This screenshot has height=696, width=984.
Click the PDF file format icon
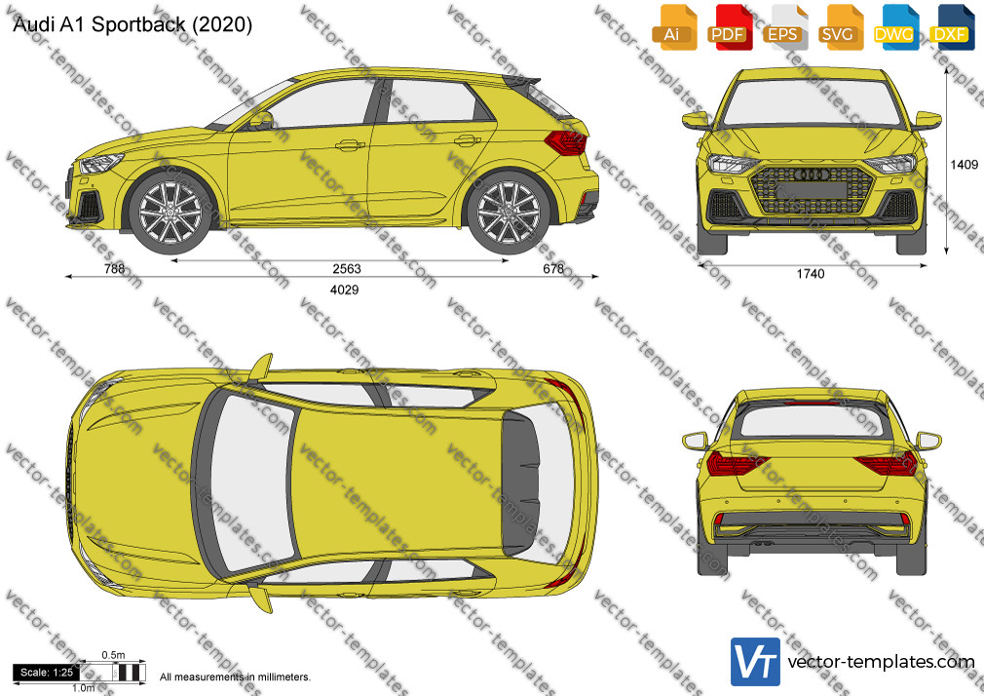(728, 27)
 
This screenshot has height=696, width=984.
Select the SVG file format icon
(839, 27)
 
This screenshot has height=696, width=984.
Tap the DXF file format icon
(951, 27)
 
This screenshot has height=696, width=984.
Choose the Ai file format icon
(673, 27)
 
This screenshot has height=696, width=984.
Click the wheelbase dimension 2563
(347, 269)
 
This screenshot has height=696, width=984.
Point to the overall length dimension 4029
(345, 290)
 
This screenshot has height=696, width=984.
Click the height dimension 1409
(964, 165)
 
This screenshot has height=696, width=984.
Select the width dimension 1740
(811, 274)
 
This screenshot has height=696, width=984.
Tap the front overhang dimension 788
(114, 269)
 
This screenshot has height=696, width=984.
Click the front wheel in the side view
(170, 213)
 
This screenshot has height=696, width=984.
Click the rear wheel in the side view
(509, 213)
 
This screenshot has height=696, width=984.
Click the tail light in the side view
(566, 142)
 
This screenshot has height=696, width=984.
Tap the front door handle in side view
(350, 146)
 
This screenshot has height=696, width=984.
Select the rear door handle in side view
(467, 140)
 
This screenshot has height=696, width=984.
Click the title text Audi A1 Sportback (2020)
(132, 24)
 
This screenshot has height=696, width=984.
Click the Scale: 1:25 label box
(47, 673)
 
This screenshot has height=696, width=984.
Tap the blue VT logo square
(755, 662)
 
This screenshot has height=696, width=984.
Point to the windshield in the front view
(812, 103)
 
